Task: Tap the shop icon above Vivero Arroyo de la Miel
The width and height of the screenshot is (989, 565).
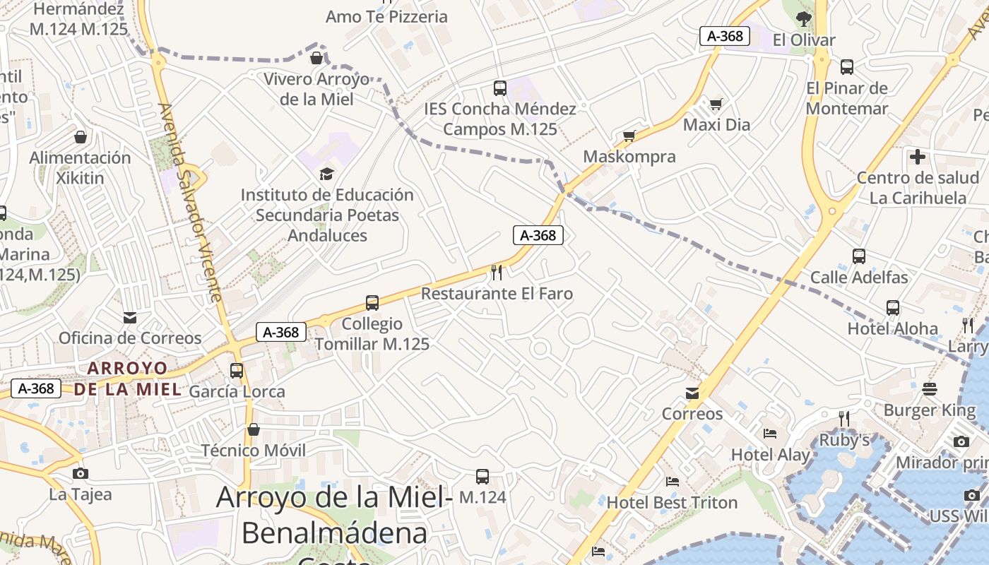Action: click(x=316, y=57)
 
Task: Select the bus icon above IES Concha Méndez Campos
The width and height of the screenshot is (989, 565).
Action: click(x=500, y=88)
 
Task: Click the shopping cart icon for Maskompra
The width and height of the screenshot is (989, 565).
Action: click(x=629, y=136)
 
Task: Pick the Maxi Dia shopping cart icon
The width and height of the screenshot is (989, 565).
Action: click(x=716, y=105)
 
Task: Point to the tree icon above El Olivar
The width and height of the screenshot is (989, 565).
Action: click(x=803, y=19)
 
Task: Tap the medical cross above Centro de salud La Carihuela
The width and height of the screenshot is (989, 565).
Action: click(x=918, y=157)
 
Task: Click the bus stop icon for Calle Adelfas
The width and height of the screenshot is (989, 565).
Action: click(x=859, y=256)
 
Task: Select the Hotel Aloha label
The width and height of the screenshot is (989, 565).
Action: click(x=893, y=328)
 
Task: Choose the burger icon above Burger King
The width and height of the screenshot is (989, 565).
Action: click(x=929, y=389)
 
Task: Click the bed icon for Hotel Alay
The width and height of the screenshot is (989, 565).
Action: click(x=770, y=434)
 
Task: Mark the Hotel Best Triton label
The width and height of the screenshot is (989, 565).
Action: click(x=672, y=503)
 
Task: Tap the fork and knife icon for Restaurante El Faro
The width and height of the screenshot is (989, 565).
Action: click(x=497, y=273)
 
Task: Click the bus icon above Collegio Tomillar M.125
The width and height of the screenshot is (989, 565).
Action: click(x=372, y=303)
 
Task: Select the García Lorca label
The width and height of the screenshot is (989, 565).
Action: click(x=237, y=391)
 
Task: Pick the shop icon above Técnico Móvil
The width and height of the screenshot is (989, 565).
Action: click(x=253, y=429)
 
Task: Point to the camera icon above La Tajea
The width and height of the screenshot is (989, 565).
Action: click(x=80, y=473)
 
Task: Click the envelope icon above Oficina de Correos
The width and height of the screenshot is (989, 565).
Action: click(x=130, y=317)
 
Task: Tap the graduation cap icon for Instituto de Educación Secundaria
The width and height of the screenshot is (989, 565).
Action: click(x=326, y=174)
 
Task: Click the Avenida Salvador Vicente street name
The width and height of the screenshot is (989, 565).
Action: click(x=191, y=201)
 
